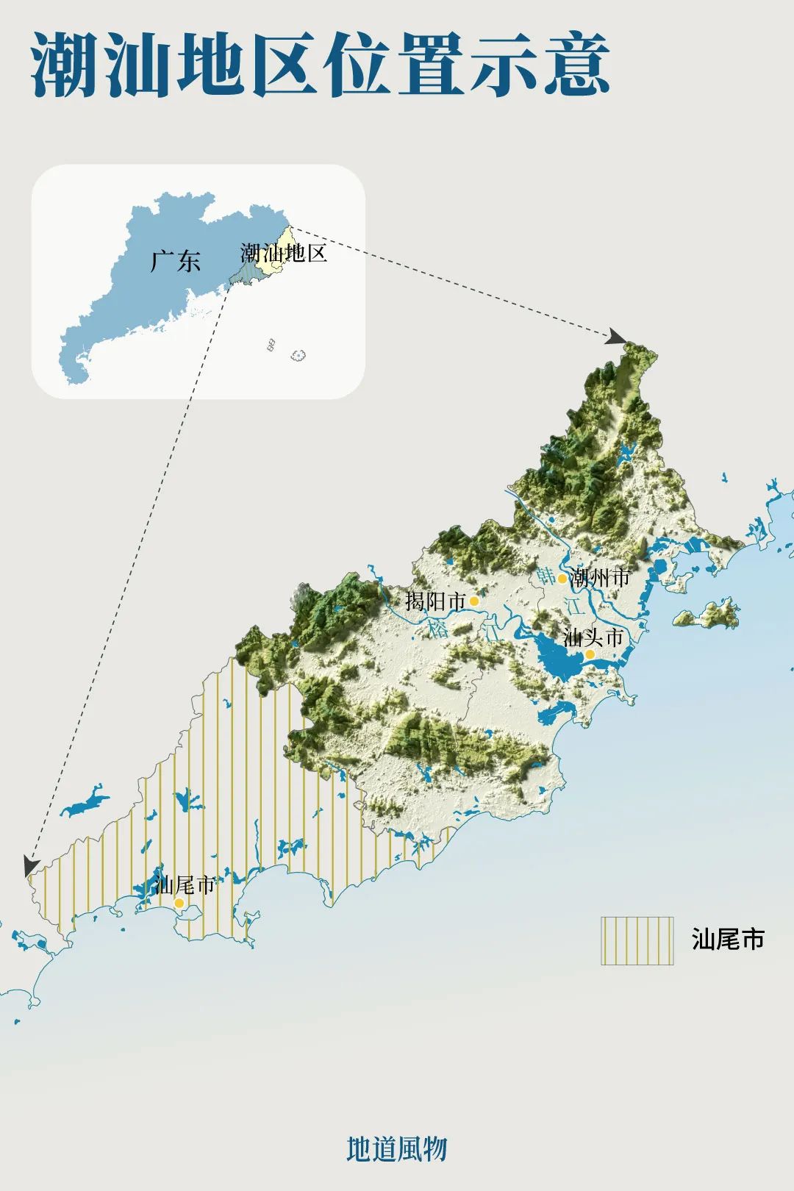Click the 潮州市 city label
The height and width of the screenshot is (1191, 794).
[x=601, y=577]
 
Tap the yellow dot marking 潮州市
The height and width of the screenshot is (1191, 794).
[x=562, y=579]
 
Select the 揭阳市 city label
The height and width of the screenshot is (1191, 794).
[x=435, y=601]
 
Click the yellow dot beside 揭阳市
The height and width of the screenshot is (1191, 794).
[x=474, y=601]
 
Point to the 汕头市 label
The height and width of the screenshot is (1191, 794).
[x=593, y=637]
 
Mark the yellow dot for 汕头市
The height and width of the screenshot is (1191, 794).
[x=590, y=654]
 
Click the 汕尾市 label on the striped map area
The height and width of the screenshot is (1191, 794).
[x=185, y=884]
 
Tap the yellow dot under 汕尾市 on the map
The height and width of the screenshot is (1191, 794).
[x=179, y=903]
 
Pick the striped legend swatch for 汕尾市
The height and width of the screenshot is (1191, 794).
[x=637, y=940]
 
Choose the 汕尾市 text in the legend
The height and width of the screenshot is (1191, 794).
[x=728, y=940]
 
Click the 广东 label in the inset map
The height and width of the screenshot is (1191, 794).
[x=175, y=261]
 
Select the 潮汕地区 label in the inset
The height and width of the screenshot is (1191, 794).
[x=284, y=254]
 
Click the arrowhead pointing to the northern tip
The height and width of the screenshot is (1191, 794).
[x=616, y=337]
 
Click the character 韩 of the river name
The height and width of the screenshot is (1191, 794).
[x=546, y=576]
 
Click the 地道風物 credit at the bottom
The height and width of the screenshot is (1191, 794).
[x=396, y=1148]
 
